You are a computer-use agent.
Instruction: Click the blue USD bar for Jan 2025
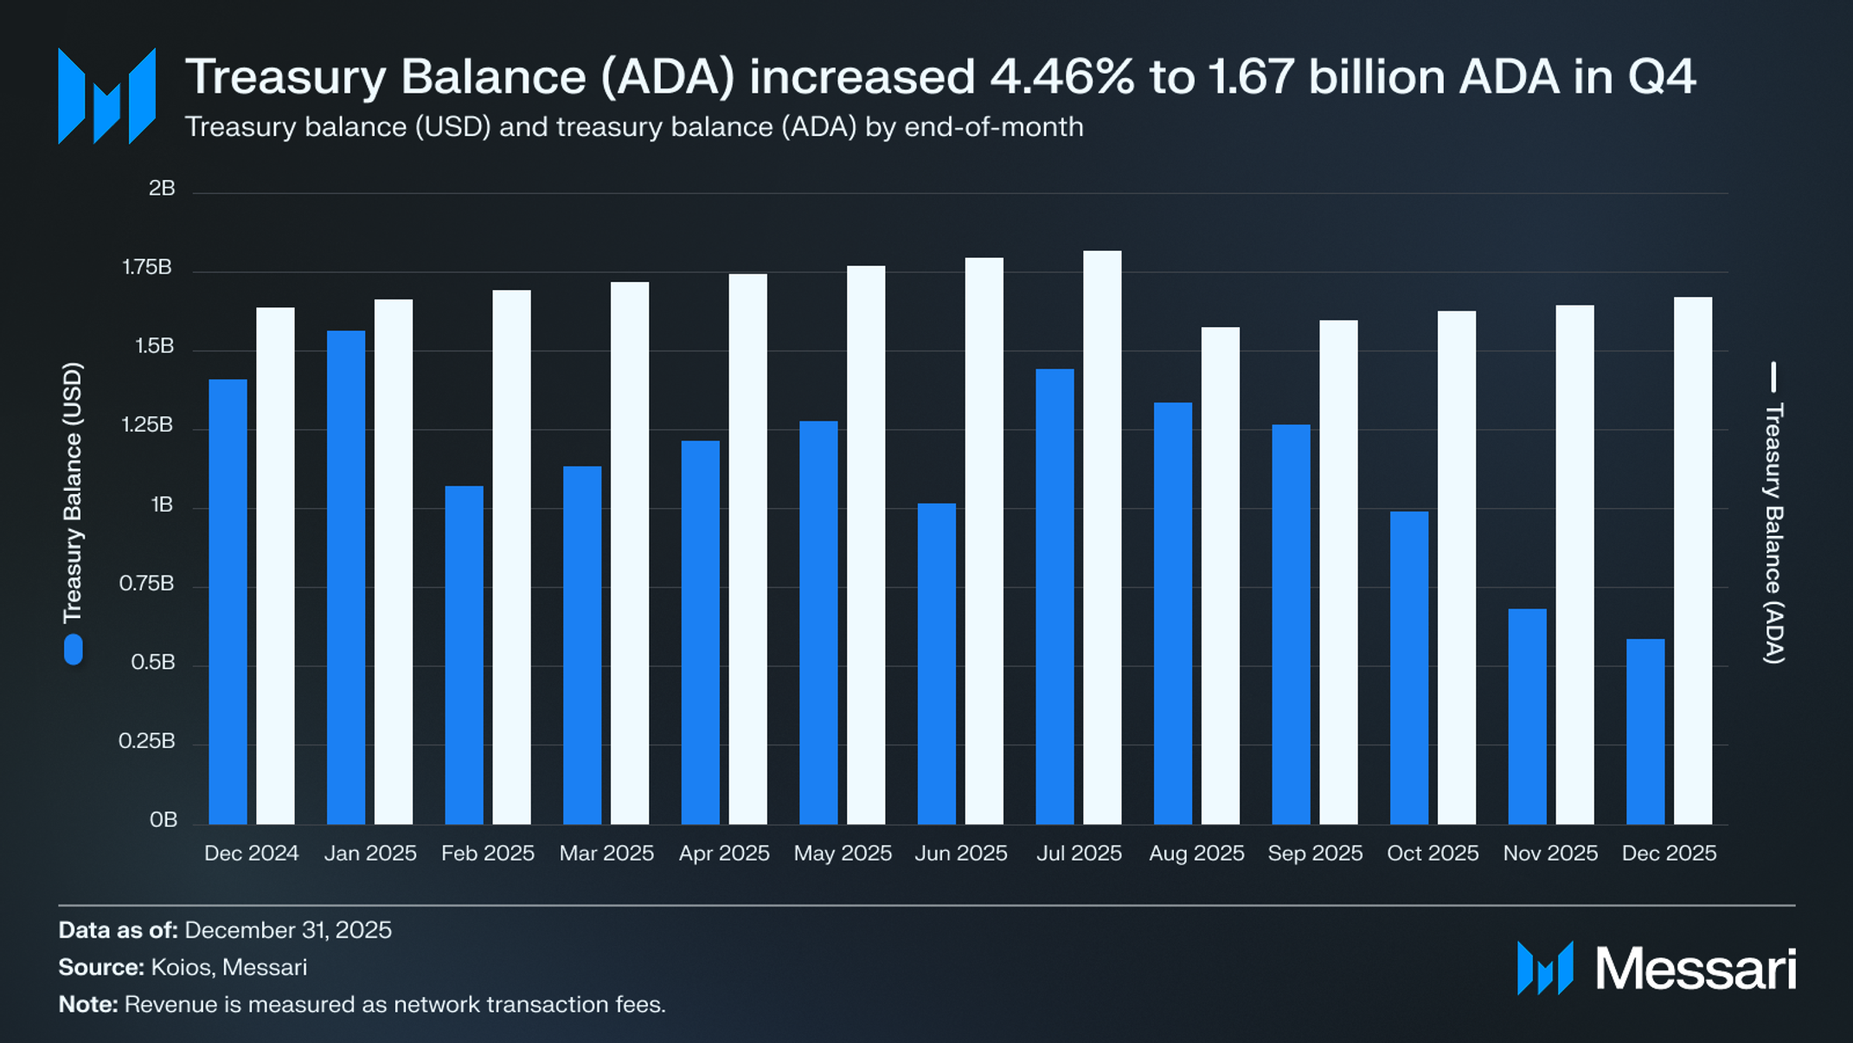tap(346, 576)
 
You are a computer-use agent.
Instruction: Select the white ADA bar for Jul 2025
tap(1102, 537)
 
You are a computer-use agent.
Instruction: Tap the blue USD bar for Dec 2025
tap(1645, 731)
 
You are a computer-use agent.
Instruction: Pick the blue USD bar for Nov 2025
tap(1527, 716)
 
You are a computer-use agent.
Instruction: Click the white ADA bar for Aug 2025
tap(1221, 575)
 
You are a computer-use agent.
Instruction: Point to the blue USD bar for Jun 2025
tap(937, 663)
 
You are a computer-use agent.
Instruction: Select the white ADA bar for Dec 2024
tap(275, 565)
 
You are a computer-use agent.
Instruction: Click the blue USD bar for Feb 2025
tap(465, 654)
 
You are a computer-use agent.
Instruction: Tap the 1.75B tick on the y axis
tap(147, 267)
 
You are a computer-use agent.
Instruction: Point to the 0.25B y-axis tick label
tap(147, 741)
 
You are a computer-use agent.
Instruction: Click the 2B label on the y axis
tap(162, 189)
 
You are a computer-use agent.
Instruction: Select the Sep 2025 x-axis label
tap(1315, 853)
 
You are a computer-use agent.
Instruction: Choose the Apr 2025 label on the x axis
tap(724, 853)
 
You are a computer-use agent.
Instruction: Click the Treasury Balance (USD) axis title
tap(73, 492)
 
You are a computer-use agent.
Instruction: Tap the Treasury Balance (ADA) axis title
tap(1773, 532)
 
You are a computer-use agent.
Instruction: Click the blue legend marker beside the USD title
tap(74, 650)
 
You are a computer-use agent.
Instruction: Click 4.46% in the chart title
tap(1061, 76)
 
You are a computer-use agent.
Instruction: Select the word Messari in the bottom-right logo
tap(1696, 969)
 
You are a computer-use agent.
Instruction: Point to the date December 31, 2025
tap(288, 930)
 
